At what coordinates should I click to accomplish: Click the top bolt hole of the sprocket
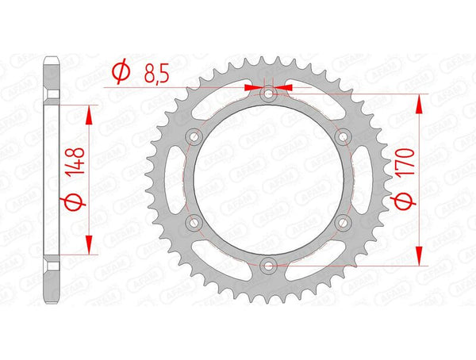click(x=269, y=94)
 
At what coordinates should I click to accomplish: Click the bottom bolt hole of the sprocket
click(x=269, y=266)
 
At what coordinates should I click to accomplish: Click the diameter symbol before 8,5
click(x=121, y=74)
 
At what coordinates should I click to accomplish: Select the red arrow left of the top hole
click(x=255, y=87)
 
